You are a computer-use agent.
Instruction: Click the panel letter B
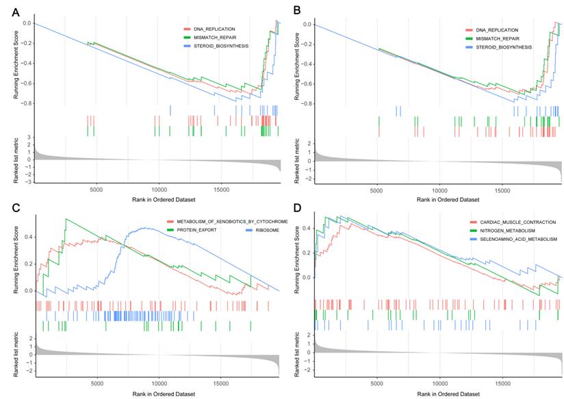[x=297, y=10]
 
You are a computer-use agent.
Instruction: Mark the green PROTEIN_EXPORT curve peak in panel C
[x=66, y=219]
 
